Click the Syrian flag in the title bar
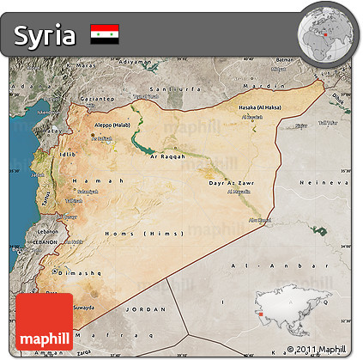pos(105,34)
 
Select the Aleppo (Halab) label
pos(109,125)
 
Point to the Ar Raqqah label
pos(168,156)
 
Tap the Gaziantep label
pos(97,99)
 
